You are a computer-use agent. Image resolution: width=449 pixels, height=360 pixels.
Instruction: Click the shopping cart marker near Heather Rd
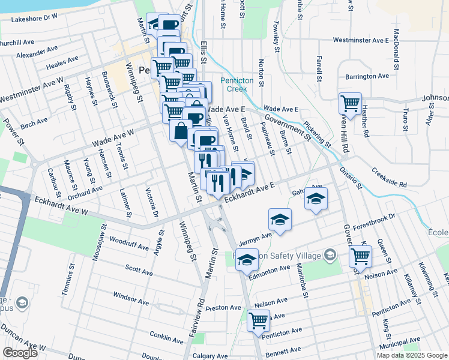[x=349, y=103]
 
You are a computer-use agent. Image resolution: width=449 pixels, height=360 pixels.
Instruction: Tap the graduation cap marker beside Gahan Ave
[x=316, y=198]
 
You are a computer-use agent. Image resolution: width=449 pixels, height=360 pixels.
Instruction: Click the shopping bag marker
[x=181, y=131]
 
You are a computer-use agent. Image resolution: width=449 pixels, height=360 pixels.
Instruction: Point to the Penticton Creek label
[x=242, y=85]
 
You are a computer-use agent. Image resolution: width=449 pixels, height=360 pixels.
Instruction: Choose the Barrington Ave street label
[x=367, y=76]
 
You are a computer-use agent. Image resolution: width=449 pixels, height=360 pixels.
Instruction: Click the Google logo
[x=20, y=353]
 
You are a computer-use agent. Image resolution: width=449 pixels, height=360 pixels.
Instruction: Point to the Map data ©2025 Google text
[x=411, y=355]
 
